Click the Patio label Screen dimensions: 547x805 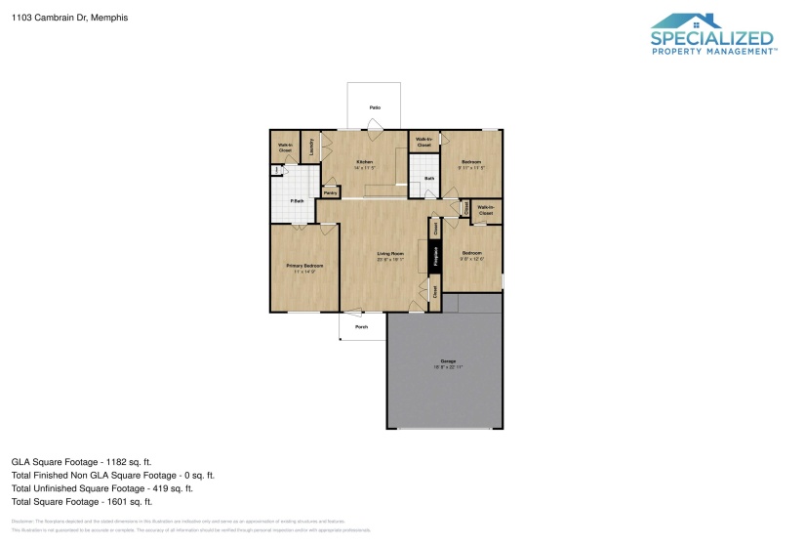(x=374, y=106)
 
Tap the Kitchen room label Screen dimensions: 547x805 (x=364, y=161)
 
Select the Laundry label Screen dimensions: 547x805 (x=311, y=147)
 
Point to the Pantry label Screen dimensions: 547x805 (x=331, y=192)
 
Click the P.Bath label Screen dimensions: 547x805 (x=297, y=201)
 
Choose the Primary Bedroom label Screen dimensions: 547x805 (x=304, y=266)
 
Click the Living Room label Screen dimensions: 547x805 (x=390, y=254)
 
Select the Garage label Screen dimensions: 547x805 (x=448, y=361)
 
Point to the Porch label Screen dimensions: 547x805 (x=361, y=327)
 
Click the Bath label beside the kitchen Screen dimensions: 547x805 (x=428, y=178)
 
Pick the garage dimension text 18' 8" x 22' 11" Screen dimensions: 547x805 (x=448, y=367)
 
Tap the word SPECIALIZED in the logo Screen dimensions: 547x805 (x=712, y=38)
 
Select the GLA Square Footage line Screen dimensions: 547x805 (x=81, y=461)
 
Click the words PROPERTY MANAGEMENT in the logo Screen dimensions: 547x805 (x=713, y=52)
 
